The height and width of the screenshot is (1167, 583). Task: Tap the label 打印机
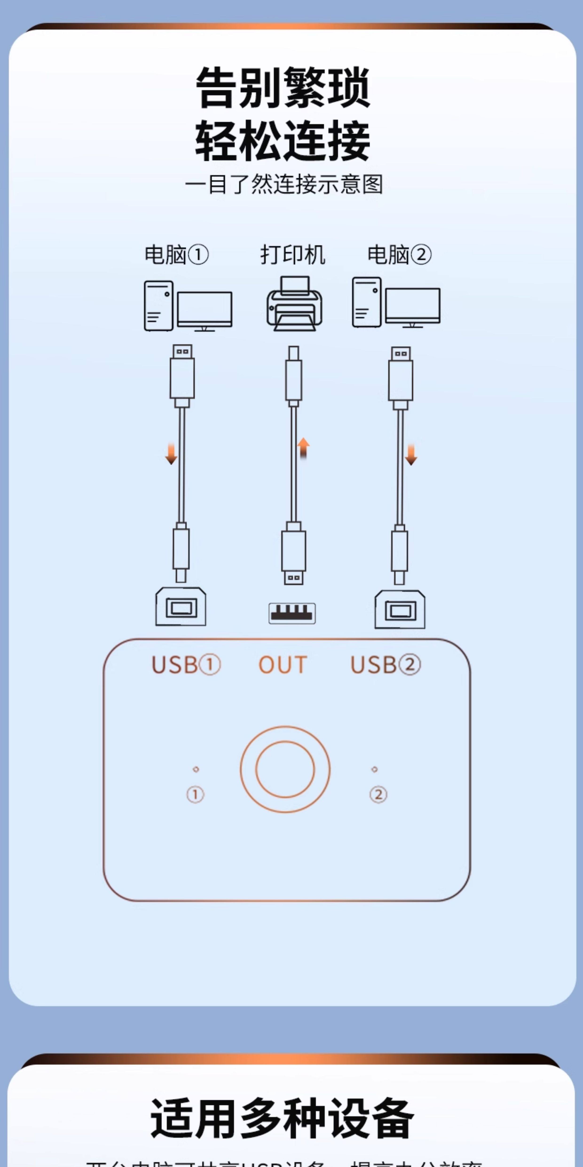tap(292, 255)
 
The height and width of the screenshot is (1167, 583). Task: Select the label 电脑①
tap(176, 255)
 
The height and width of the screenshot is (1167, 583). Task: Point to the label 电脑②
tap(399, 255)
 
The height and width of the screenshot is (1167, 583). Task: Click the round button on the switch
tap(285, 769)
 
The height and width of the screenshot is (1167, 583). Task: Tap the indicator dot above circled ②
tap(374, 769)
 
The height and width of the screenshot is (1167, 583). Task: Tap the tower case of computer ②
tap(367, 302)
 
